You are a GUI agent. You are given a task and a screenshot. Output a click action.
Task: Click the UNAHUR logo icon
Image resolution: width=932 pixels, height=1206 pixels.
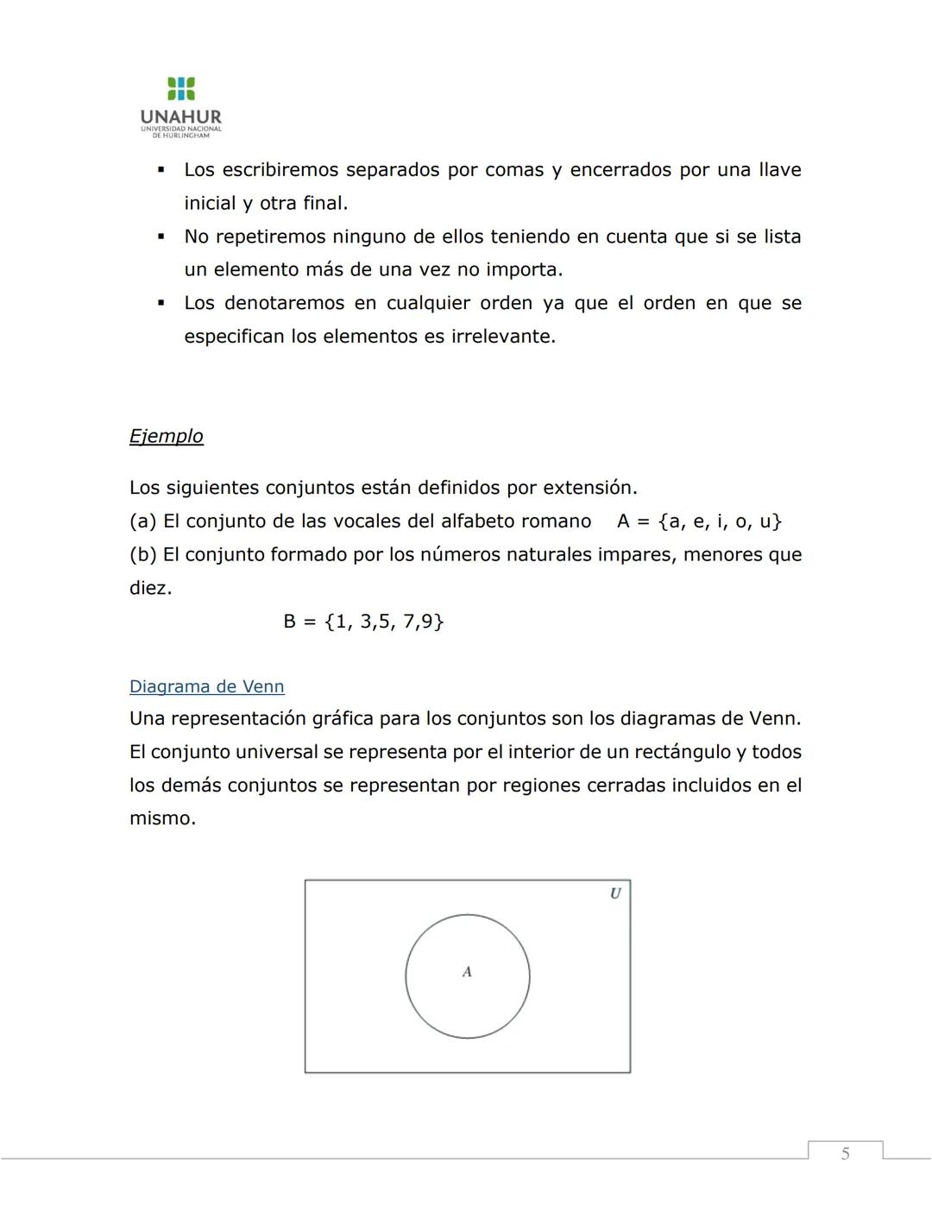tap(181, 88)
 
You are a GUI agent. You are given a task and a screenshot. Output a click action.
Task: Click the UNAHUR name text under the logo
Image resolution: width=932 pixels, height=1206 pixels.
tap(181, 117)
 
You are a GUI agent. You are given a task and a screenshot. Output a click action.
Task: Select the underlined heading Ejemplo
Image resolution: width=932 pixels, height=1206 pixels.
tap(167, 436)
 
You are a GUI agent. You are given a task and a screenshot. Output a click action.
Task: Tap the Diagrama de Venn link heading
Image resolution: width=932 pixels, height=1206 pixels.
tap(206, 686)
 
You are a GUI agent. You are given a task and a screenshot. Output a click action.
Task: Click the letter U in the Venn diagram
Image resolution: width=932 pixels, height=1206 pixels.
tap(615, 893)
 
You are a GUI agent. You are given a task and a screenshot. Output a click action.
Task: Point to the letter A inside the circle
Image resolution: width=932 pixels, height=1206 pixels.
tap(467, 972)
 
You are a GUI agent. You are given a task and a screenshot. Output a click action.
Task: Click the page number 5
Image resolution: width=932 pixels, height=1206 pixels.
tap(845, 1153)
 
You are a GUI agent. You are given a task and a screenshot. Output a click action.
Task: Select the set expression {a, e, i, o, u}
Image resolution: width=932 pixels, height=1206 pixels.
tap(720, 521)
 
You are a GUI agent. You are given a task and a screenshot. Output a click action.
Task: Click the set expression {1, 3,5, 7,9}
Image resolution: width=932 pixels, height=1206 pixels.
tap(384, 622)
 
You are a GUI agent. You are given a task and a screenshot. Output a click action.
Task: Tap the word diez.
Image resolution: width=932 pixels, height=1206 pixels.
tap(150, 589)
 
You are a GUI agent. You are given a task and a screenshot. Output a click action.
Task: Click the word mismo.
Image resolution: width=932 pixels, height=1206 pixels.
tap(162, 818)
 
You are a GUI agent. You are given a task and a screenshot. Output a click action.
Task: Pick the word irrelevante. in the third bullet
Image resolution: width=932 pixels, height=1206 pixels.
tap(504, 337)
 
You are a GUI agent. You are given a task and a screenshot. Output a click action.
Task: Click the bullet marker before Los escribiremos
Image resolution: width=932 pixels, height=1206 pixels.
tap(161, 170)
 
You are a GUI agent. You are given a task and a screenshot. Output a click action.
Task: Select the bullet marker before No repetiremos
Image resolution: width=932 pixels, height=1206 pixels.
tap(161, 237)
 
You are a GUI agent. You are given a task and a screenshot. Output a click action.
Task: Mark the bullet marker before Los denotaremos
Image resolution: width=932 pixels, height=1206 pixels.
tap(161, 303)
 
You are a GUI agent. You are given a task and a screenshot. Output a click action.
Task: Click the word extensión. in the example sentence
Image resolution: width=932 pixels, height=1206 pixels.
tap(589, 488)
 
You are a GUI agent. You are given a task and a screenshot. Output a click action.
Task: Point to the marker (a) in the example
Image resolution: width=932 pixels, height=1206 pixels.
tap(143, 521)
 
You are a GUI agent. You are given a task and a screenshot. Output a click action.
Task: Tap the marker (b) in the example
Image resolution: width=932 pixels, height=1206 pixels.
tap(143, 554)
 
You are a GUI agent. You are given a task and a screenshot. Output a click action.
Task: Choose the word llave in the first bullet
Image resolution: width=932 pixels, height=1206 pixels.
tap(779, 170)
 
